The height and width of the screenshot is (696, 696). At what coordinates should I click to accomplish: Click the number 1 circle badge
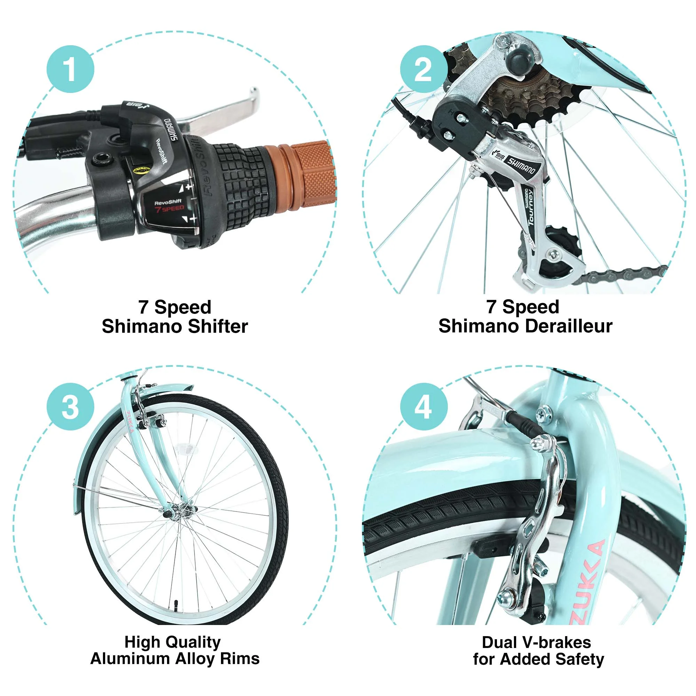[x=70, y=69]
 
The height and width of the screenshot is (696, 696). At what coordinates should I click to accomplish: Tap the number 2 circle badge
[x=424, y=69]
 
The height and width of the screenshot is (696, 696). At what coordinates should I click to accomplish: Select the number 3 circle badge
[x=70, y=406]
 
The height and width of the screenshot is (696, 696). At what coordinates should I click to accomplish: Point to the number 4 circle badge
[x=424, y=406]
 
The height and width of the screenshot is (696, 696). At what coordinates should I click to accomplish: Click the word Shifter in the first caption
[x=217, y=326]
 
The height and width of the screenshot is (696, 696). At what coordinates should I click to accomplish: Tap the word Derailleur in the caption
[x=569, y=326]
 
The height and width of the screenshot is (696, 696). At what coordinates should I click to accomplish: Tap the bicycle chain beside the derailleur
[x=620, y=275]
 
